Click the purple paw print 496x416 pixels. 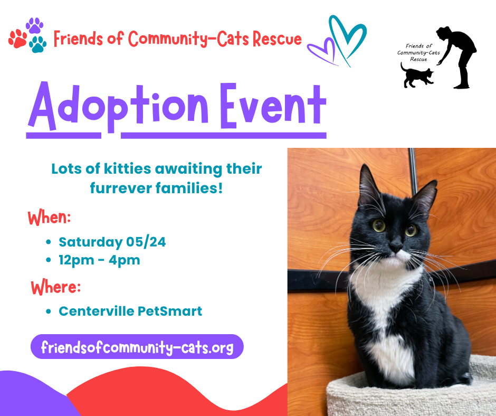coord(34,25)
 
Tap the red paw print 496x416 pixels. coord(18,39)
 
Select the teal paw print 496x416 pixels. coord(38,44)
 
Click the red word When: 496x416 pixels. coord(49,218)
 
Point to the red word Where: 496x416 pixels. coord(56,287)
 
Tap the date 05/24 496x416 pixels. coord(146,242)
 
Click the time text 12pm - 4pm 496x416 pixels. coord(99,260)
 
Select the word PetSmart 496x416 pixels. coord(170,311)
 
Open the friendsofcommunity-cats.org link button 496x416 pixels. coord(137,346)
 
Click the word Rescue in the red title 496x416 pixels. coord(277,39)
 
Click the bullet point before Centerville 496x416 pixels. coord(49,311)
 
